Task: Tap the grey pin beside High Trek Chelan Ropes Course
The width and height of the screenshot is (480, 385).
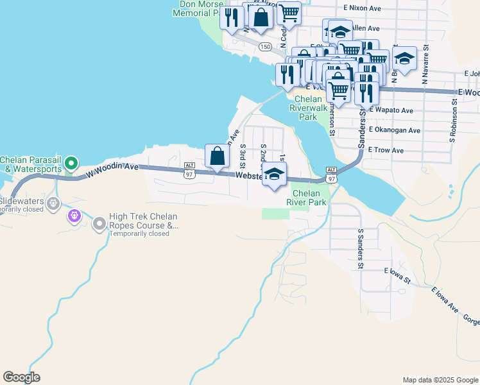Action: click(99, 225)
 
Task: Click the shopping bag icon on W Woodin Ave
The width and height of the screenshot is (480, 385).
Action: click(217, 157)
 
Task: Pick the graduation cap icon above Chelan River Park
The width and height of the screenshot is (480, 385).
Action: click(274, 175)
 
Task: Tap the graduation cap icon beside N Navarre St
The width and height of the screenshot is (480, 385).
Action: click(404, 58)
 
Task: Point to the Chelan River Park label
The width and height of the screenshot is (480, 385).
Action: click(309, 198)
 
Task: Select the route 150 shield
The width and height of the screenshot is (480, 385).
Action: click(264, 47)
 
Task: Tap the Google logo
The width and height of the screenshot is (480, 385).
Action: click(22, 377)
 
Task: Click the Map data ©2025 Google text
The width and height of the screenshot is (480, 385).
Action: click(440, 380)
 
